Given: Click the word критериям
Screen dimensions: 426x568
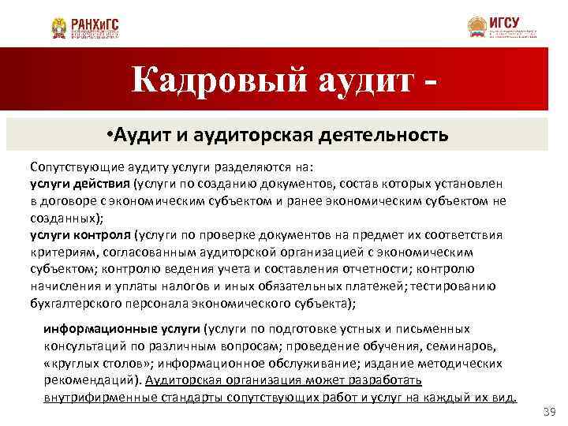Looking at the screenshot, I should (x=61, y=252).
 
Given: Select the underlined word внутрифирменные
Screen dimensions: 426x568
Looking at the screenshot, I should (x=93, y=397).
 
